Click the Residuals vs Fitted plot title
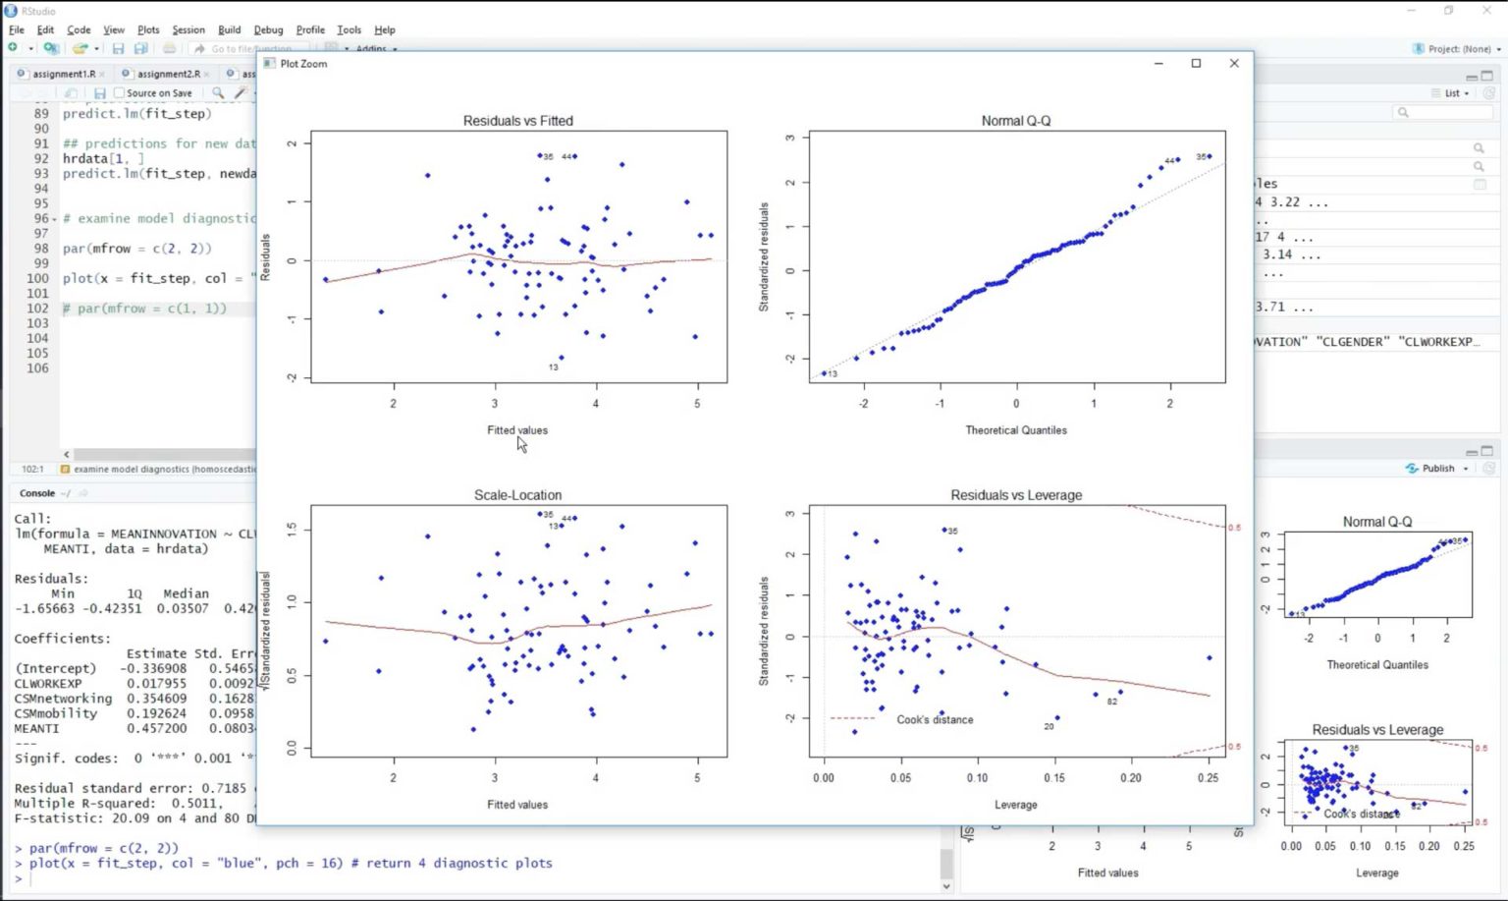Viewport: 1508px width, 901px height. point(517,121)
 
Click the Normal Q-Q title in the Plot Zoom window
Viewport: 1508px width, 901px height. point(1015,121)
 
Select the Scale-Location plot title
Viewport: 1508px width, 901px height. point(517,495)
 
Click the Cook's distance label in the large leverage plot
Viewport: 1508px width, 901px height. point(935,719)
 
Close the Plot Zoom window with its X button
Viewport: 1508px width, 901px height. point(1234,63)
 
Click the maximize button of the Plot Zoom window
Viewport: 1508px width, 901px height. point(1196,63)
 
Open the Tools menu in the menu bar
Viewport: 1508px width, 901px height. point(349,29)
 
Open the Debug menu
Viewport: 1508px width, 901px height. point(268,29)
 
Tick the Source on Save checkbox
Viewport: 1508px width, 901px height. point(120,93)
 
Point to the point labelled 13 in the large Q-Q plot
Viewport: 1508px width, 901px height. point(824,373)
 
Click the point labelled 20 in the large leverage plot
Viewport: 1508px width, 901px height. point(1057,718)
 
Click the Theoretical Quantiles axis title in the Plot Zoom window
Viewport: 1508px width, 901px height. point(1015,430)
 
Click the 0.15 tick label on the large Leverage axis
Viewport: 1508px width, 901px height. point(1053,778)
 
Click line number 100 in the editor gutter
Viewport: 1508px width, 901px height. point(37,278)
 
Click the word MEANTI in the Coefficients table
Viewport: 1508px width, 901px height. point(36,728)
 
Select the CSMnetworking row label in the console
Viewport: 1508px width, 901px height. point(63,699)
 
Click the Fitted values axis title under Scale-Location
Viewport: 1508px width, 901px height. point(517,805)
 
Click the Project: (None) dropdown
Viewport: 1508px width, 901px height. point(1457,48)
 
